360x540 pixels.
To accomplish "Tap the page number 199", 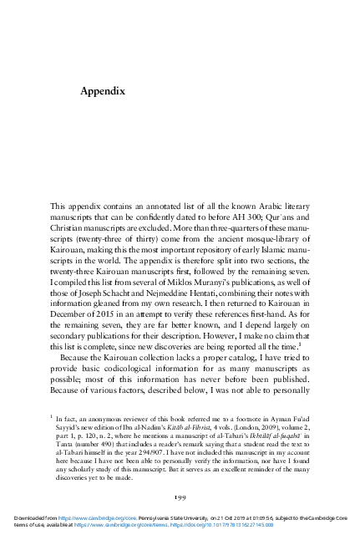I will coord(180,495).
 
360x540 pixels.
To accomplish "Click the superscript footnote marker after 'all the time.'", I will coord(300,345).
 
